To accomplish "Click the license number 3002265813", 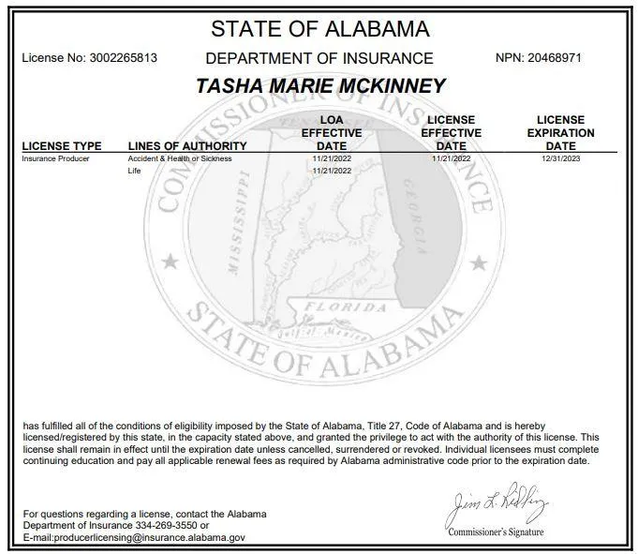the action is pos(125,57).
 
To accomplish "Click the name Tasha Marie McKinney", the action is pos(320,85).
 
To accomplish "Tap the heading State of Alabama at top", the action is pos(320,28).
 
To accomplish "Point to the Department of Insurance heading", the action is pos(319,58).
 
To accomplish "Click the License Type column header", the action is pos(61,146).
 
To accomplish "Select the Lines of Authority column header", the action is pos(187,146).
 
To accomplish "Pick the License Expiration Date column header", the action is pos(560,133).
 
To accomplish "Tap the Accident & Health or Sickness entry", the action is pos(179,159).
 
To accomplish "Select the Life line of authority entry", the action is pos(132,171).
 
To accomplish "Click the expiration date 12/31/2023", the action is pos(560,159).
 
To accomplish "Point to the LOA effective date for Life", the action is pos(332,171).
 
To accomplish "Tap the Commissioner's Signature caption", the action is pos(495,532).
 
